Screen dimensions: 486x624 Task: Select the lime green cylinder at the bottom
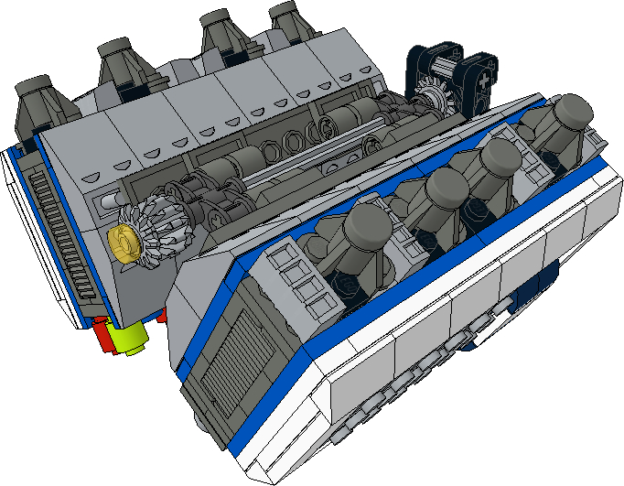click(x=131, y=340)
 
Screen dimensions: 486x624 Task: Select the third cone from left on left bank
click(x=221, y=33)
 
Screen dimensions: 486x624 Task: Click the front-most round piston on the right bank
click(x=366, y=224)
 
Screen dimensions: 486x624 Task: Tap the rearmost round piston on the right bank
click(x=571, y=113)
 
